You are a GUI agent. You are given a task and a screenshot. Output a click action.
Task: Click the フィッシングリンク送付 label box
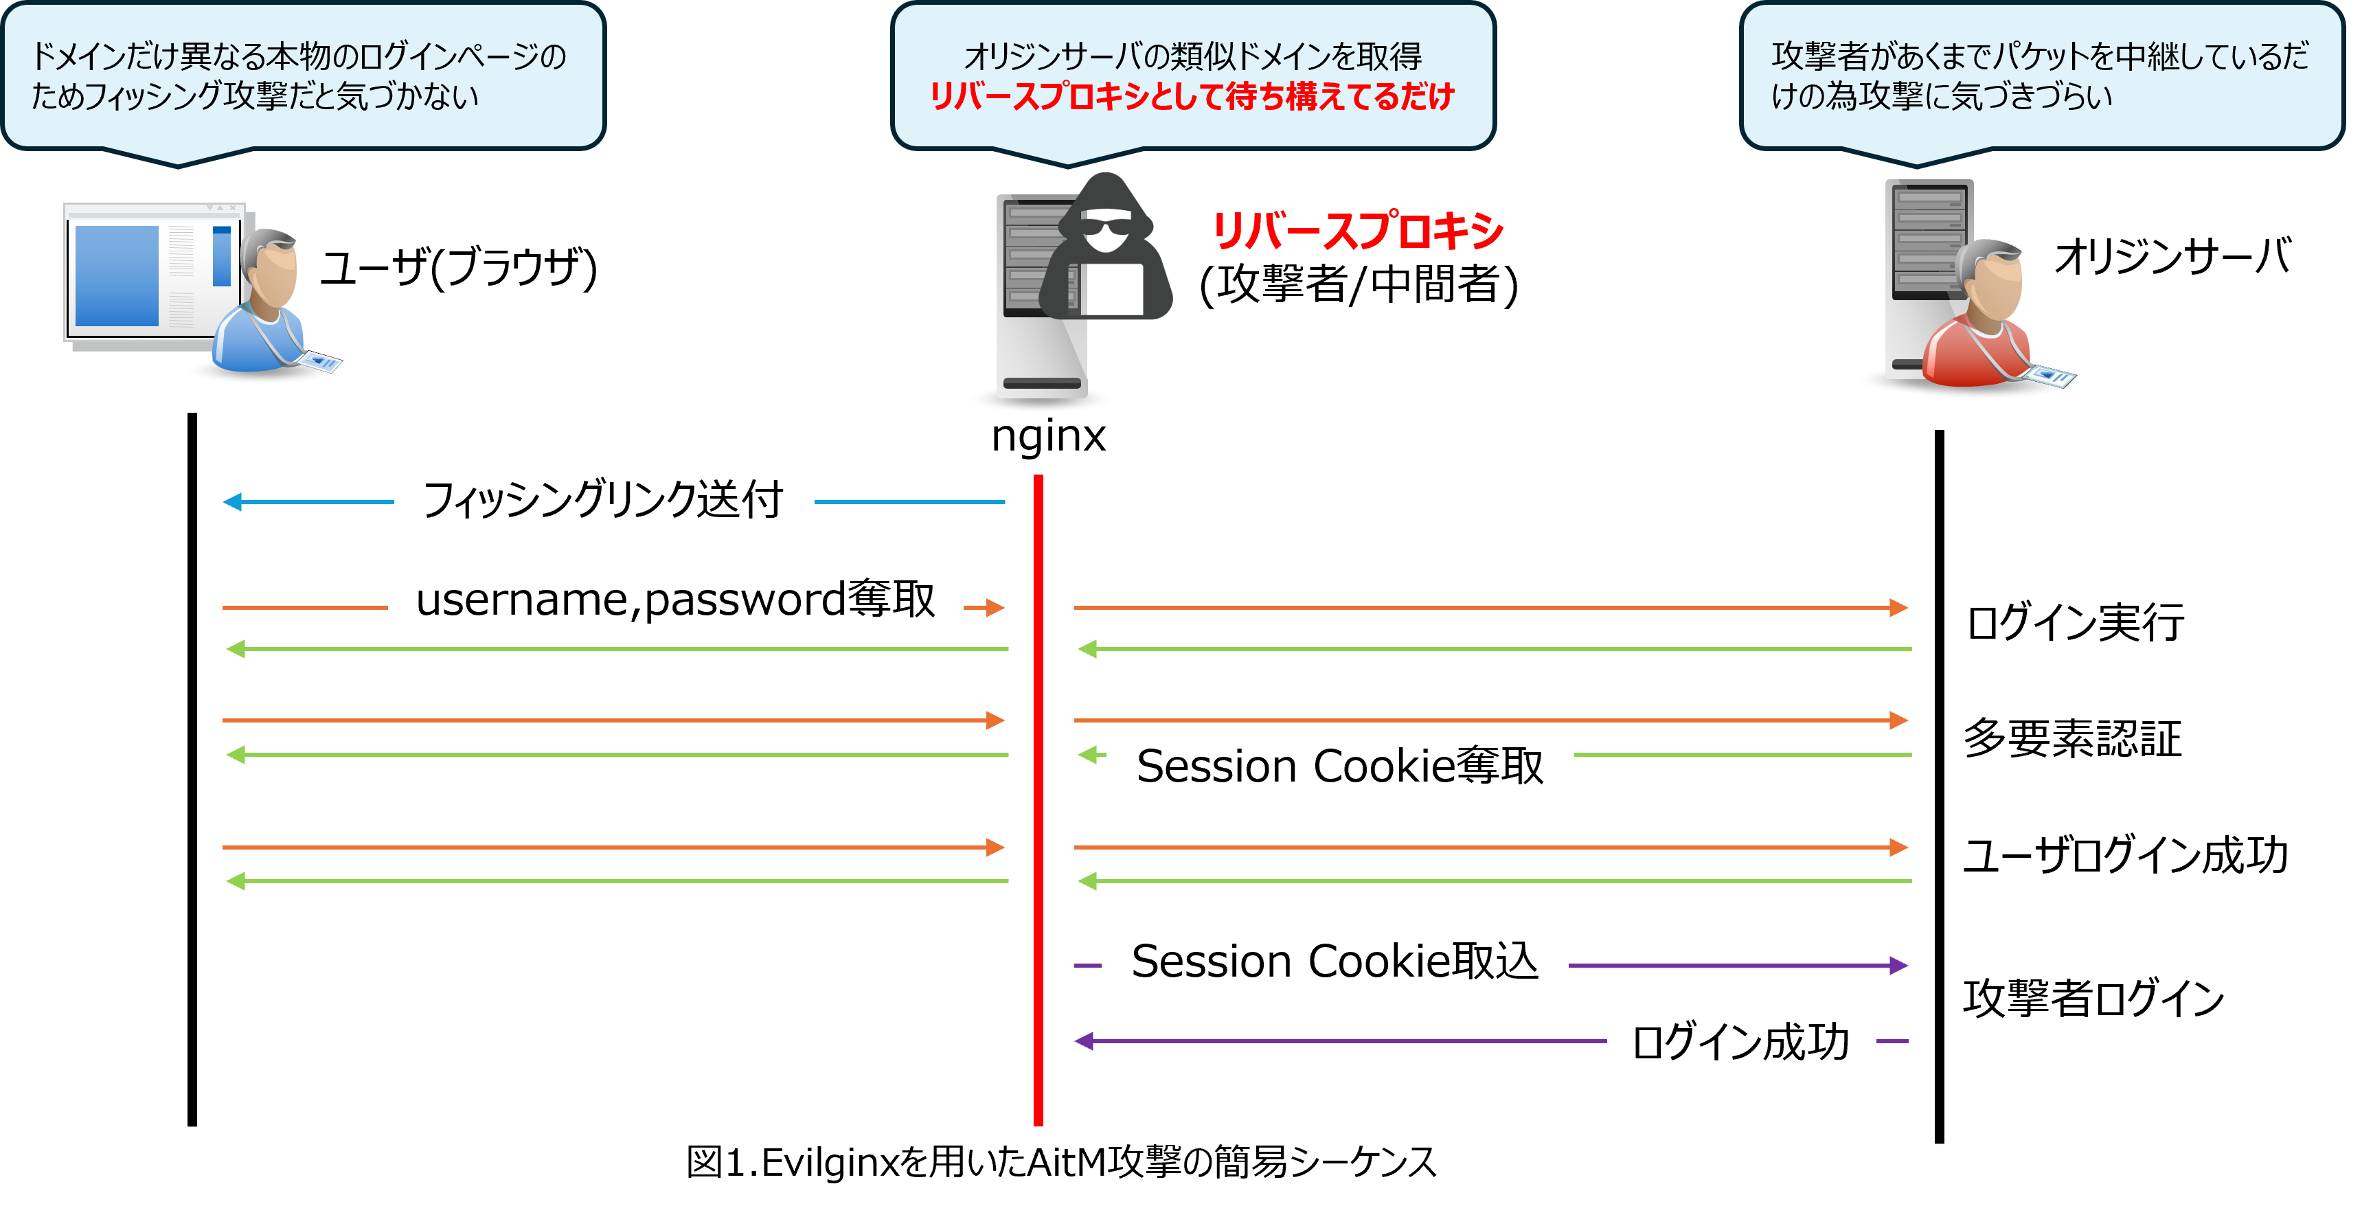[603, 498]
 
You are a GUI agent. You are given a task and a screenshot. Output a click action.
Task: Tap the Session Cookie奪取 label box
[1339, 765]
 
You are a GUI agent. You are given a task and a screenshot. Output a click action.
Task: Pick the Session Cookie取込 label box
[1334, 959]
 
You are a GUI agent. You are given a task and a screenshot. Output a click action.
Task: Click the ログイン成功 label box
[1740, 1041]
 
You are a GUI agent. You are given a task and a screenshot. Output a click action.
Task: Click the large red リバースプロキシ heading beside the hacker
[1357, 230]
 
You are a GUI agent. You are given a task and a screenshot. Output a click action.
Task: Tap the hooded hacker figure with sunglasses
[1106, 248]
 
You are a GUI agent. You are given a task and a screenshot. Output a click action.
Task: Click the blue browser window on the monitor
[117, 275]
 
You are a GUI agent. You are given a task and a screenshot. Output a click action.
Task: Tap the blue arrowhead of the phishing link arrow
[233, 501]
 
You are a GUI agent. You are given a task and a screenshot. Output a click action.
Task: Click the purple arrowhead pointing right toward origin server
[1898, 965]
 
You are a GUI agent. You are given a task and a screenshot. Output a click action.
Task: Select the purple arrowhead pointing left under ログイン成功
[1085, 1041]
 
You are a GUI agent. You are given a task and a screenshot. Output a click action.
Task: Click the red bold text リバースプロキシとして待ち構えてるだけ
[1192, 96]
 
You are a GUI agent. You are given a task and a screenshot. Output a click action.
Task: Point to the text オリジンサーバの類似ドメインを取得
[1192, 57]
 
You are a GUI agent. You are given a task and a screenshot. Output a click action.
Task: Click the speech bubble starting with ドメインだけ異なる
[303, 75]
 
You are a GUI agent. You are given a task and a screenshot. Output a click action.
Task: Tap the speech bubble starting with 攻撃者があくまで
[2040, 75]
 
